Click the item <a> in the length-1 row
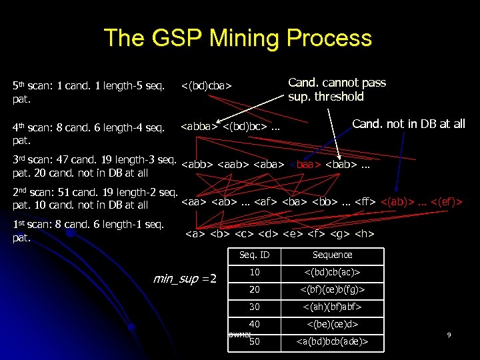[x=195, y=233]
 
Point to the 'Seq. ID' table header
[x=254, y=255]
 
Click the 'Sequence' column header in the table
[x=332, y=255]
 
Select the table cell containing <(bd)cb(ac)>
[x=332, y=273]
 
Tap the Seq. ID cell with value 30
[x=254, y=307]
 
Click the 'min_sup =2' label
[x=185, y=278]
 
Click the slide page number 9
[x=449, y=334]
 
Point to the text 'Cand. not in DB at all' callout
[x=408, y=124]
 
